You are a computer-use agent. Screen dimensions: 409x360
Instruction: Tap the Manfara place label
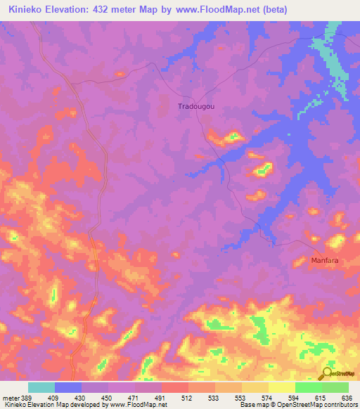click(325, 260)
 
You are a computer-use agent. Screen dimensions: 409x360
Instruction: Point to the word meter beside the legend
click(10, 398)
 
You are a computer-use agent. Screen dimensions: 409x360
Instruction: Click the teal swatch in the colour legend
click(41, 387)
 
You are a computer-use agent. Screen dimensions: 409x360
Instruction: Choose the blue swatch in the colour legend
click(68, 387)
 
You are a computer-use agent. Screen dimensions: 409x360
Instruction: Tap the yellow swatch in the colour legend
click(281, 387)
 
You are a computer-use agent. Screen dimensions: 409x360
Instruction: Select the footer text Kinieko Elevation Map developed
click(49, 405)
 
